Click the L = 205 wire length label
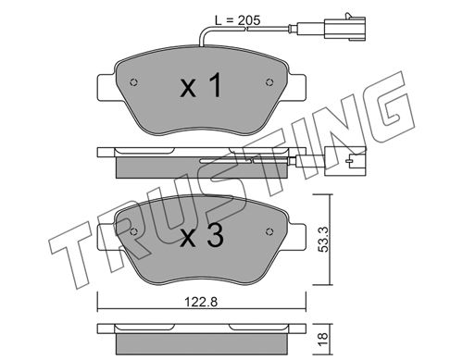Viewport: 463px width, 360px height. (x=238, y=20)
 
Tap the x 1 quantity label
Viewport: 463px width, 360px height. (x=201, y=85)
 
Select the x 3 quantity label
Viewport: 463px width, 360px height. (x=202, y=235)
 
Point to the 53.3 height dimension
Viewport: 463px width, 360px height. (x=323, y=239)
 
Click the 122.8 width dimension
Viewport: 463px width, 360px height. (x=201, y=302)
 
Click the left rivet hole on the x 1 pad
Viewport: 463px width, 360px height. (x=133, y=82)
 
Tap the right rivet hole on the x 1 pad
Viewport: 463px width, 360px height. (x=269, y=81)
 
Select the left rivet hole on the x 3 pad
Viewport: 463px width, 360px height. (x=133, y=231)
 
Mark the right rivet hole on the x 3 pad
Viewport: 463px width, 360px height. (x=269, y=231)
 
